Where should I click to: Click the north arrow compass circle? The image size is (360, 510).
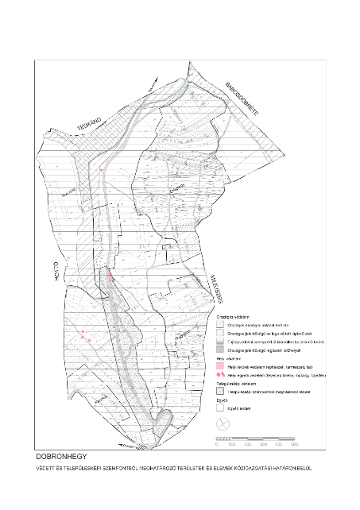tap(223, 423)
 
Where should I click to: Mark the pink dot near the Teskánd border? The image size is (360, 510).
tap(102, 169)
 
